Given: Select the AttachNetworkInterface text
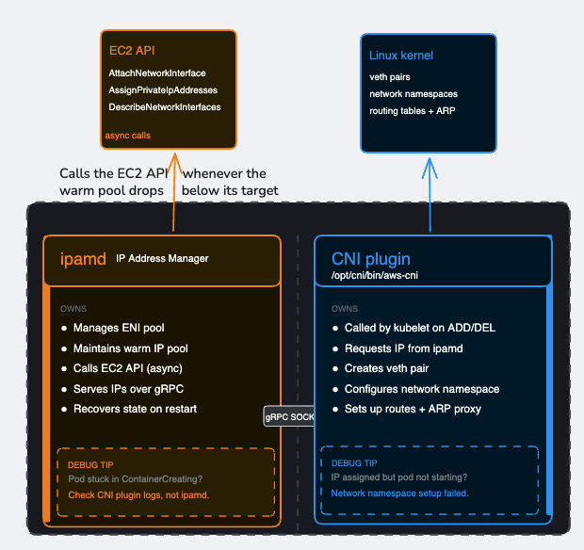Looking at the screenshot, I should (x=157, y=73).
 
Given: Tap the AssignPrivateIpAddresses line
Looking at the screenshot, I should (x=163, y=90).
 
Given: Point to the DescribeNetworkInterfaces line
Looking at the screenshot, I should (x=165, y=107).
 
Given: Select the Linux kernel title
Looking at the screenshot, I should (x=401, y=57).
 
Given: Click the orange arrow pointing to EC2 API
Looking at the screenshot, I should (x=173, y=188).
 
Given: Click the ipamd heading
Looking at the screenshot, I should (x=82, y=259).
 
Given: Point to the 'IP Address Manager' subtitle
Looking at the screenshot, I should (x=162, y=258).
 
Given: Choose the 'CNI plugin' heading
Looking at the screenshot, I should (x=371, y=259).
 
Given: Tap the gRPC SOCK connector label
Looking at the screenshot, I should (x=289, y=415).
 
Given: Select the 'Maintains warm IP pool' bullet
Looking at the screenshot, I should (x=131, y=348).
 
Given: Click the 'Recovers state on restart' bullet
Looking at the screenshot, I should (x=136, y=409).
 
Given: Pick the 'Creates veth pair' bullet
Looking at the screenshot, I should (x=387, y=368).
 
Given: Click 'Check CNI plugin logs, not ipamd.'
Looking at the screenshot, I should (x=138, y=494).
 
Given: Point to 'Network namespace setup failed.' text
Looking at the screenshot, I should (x=400, y=493).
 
